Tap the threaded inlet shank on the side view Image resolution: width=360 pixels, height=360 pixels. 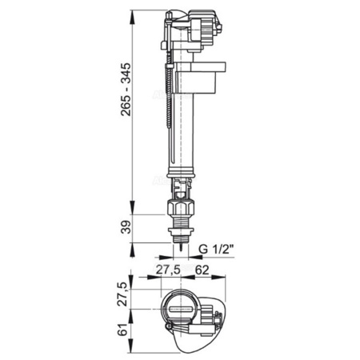coord(182,228)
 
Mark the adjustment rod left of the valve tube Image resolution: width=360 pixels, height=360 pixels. coord(170,104)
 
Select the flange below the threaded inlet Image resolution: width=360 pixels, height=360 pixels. coord(182,238)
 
